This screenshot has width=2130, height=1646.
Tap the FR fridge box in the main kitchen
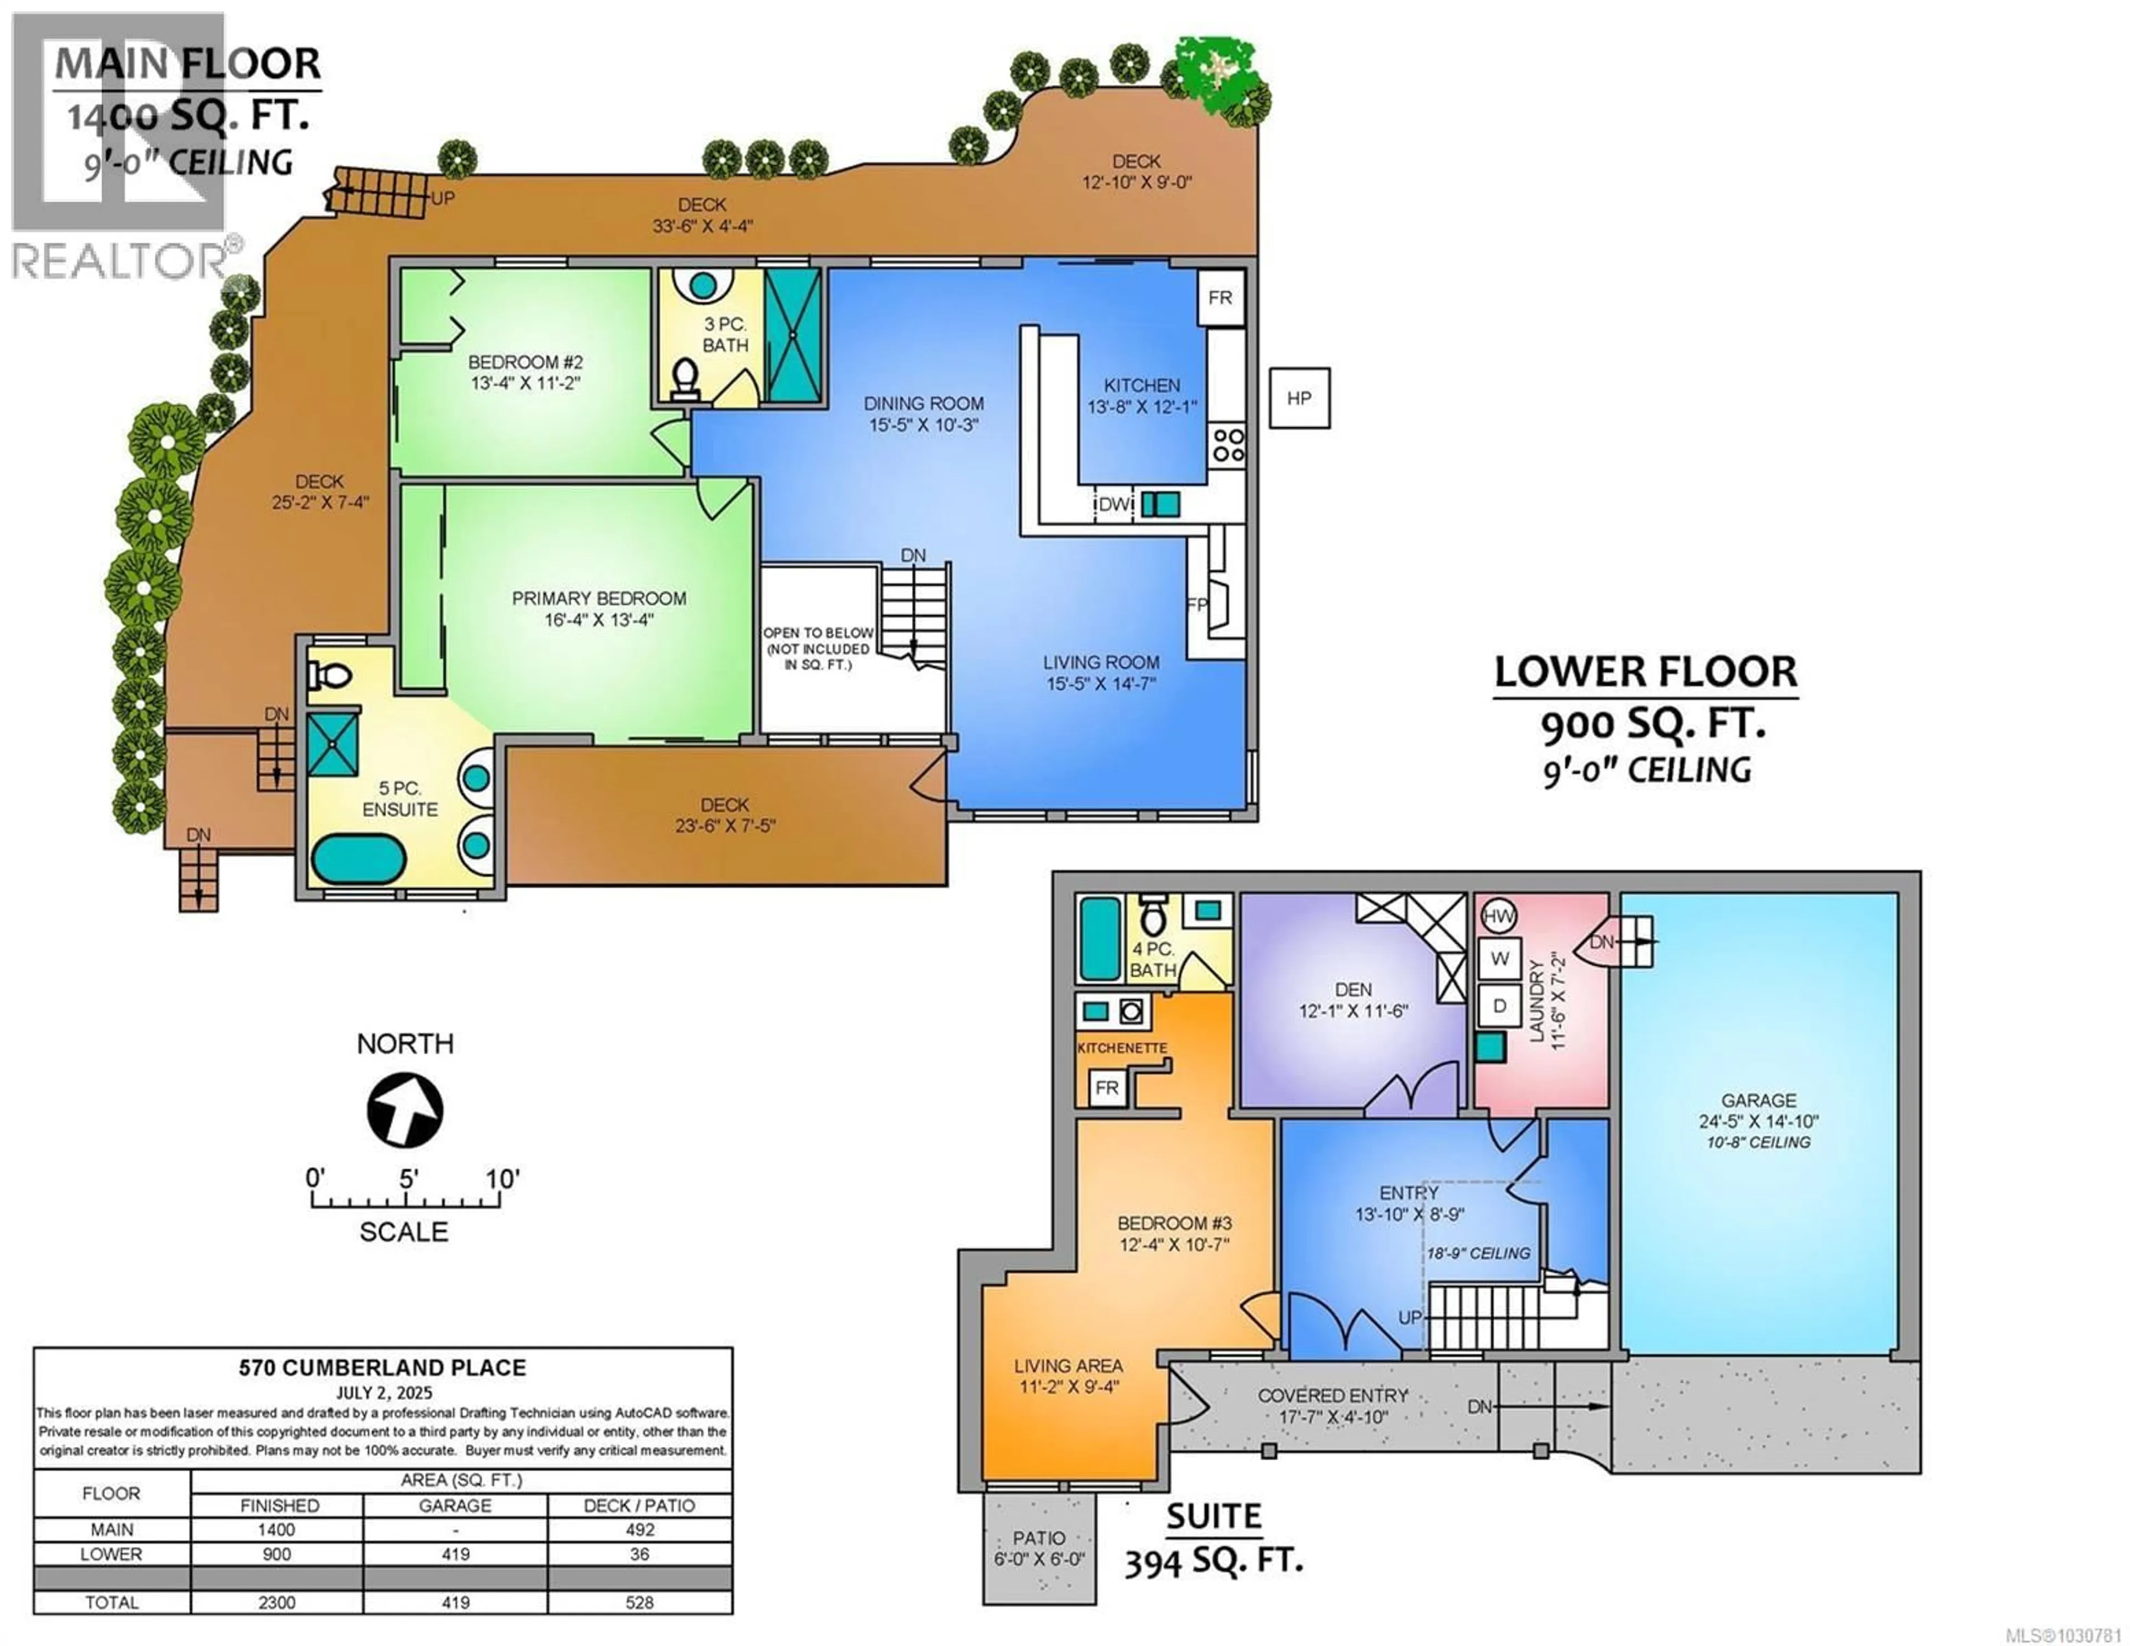point(1220,297)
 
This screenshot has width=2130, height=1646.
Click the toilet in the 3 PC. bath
point(686,378)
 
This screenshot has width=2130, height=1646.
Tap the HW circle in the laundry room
point(1497,916)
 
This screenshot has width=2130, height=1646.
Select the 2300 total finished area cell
point(277,1602)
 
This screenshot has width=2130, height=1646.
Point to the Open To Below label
point(817,648)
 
